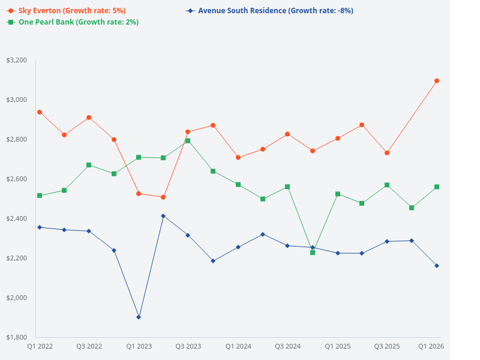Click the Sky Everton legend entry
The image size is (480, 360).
[x=66, y=11]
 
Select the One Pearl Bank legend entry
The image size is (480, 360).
[x=72, y=22]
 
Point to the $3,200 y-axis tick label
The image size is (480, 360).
[x=16, y=61]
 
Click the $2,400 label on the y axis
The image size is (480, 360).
[x=16, y=218]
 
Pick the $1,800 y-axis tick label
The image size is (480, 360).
[x=16, y=337]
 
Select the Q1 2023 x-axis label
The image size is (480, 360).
[x=139, y=347]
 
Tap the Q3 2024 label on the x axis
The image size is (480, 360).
[x=287, y=347]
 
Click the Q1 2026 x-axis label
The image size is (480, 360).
[x=430, y=347]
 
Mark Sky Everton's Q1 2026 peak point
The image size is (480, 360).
[x=437, y=80]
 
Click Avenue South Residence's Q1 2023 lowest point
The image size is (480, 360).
[x=139, y=317]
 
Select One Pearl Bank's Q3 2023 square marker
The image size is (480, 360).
[x=188, y=141]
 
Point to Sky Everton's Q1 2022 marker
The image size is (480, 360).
[x=40, y=112]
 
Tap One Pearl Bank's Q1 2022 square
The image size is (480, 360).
[x=40, y=196]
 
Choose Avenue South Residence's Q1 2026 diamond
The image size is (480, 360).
[x=437, y=266]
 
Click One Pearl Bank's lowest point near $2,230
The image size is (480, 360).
[x=313, y=253]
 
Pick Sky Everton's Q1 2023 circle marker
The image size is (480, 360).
[x=139, y=194]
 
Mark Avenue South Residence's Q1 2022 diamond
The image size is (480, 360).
[x=40, y=227]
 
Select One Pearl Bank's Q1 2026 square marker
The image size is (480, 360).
[x=437, y=187]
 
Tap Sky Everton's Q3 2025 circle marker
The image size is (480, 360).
[x=387, y=153]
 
